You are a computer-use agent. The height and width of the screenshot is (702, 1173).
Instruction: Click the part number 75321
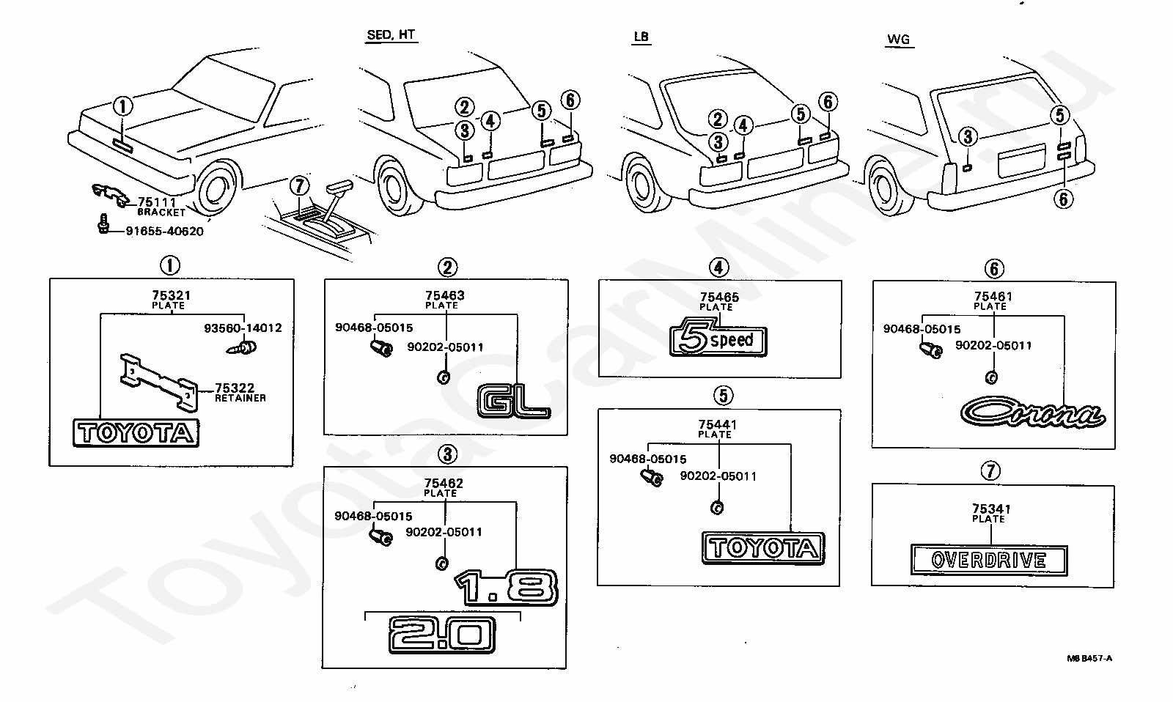click(172, 295)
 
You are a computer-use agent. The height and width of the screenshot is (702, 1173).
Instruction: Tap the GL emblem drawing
click(514, 402)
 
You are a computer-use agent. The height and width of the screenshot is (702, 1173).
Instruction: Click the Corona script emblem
click(1033, 412)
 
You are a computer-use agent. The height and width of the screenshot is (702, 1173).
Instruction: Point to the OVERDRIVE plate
click(989, 560)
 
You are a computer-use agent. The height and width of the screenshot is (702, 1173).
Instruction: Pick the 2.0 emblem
click(442, 635)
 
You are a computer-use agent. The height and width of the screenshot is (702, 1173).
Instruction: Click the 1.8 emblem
click(506, 587)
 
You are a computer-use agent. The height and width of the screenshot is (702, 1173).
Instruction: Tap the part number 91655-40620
click(164, 231)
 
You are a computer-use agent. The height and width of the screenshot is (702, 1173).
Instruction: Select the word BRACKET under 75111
click(161, 213)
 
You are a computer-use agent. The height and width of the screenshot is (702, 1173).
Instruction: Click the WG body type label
click(899, 40)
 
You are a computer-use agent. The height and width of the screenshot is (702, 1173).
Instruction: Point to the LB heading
click(641, 37)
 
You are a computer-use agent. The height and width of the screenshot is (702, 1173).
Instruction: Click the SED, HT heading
click(391, 34)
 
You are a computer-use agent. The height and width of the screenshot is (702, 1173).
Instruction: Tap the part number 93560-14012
click(243, 328)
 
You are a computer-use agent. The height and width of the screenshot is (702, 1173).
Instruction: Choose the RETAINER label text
click(240, 399)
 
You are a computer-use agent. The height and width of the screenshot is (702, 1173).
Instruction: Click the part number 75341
click(991, 509)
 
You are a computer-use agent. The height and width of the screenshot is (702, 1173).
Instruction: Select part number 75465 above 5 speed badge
click(719, 297)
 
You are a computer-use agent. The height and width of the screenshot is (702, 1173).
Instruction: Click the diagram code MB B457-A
click(1089, 659)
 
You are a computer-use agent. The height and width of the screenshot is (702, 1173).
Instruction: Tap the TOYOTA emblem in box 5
click(763, 548)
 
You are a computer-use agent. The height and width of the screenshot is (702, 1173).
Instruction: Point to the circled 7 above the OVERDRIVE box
click(990, 470)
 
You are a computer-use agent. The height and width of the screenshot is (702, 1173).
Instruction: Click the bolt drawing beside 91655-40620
click(103, 223)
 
